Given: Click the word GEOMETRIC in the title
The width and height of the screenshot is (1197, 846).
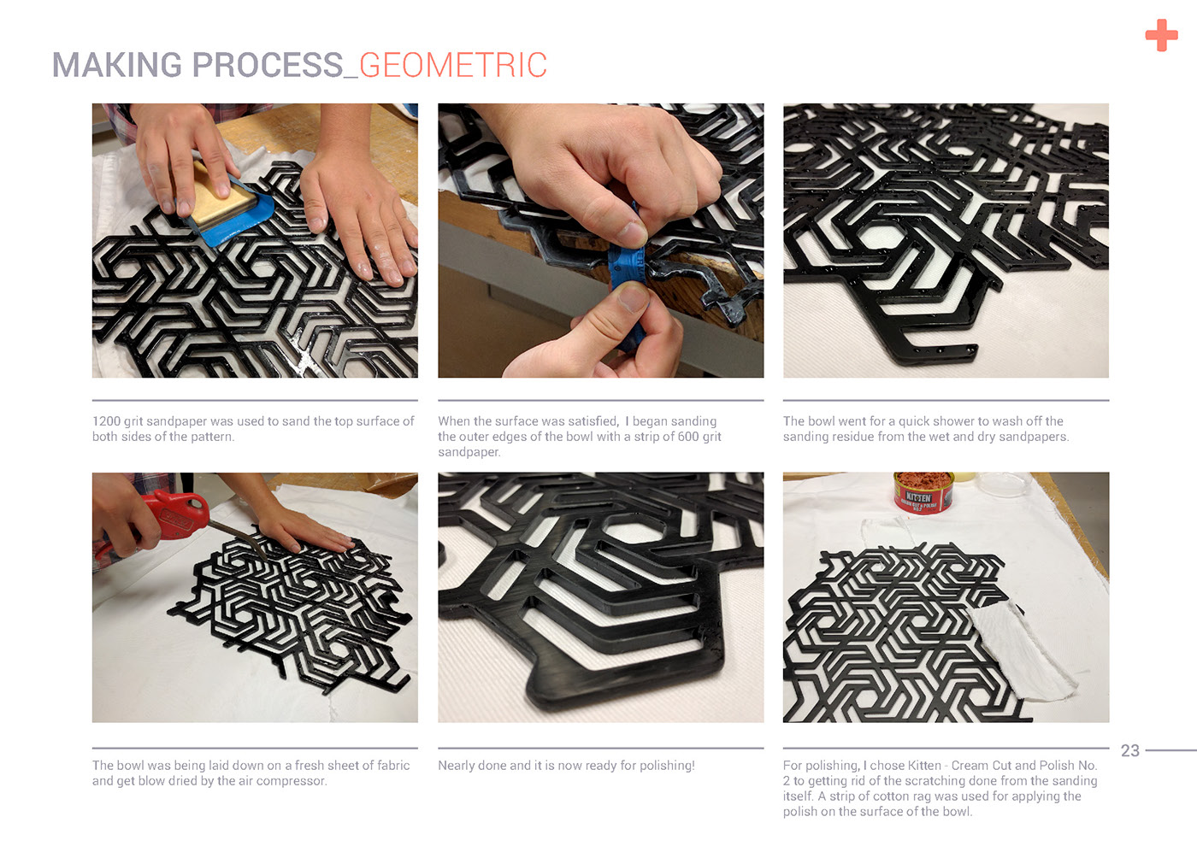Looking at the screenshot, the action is tap(453, 65).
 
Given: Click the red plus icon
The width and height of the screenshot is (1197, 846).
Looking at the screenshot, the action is tap(1161, 35).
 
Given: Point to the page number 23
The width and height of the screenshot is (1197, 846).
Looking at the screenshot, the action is tap(1129, 750).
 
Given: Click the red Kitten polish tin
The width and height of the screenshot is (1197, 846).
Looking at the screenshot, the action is tap(923, 492).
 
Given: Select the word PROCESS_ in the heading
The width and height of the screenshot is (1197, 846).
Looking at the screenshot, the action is tap(275, 65).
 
